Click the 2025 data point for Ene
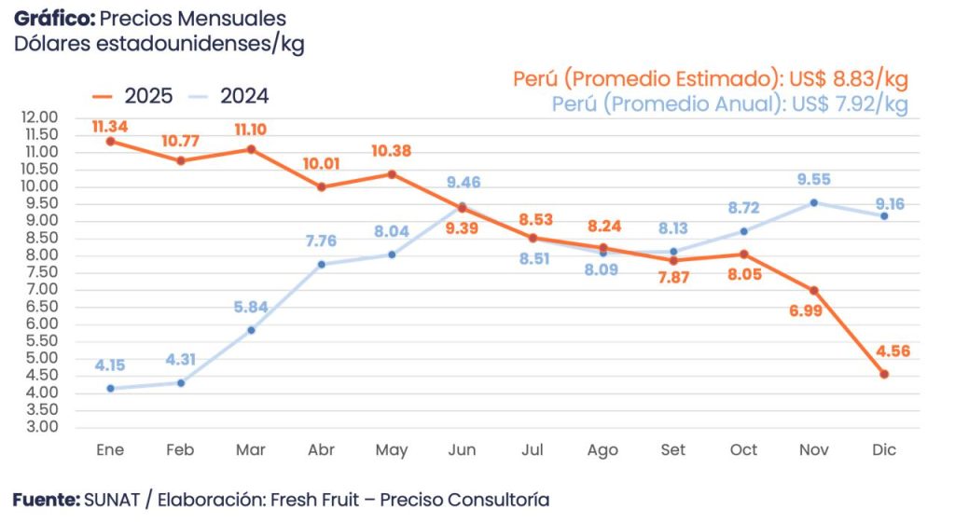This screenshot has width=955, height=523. point(110,142)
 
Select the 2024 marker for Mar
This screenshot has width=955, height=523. point(251,330)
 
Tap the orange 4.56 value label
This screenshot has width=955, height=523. point(893,351)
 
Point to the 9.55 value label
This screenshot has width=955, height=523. point(813,180)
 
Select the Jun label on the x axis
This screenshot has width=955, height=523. point(462,450)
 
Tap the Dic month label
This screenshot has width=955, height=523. point(884,450)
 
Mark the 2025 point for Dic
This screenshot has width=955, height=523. point(884,374)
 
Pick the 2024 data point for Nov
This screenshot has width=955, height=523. point(814,202)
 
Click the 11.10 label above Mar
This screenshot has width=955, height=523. point(251,130)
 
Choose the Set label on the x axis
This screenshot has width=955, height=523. point(672,450)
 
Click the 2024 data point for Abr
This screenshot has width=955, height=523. point(322,265)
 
